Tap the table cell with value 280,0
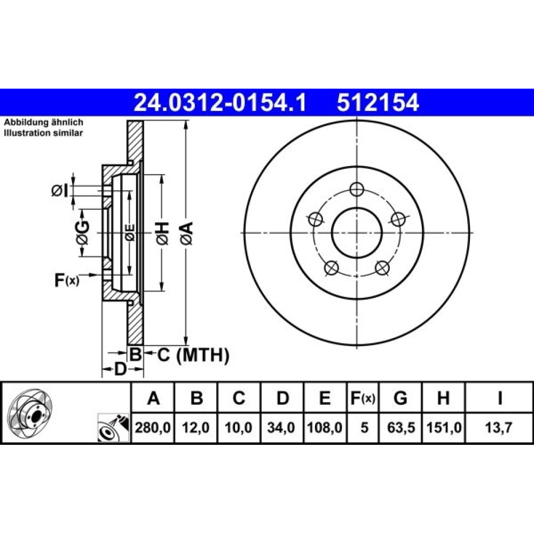(x=153, y=427)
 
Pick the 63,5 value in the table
(x=400, y=427)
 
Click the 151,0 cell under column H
(x=443, y=427)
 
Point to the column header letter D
(x=282, y=397)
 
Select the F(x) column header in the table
(x=363, y=397)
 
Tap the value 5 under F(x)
(x=364, y=427)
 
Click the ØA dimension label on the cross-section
(x=187, y=233)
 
